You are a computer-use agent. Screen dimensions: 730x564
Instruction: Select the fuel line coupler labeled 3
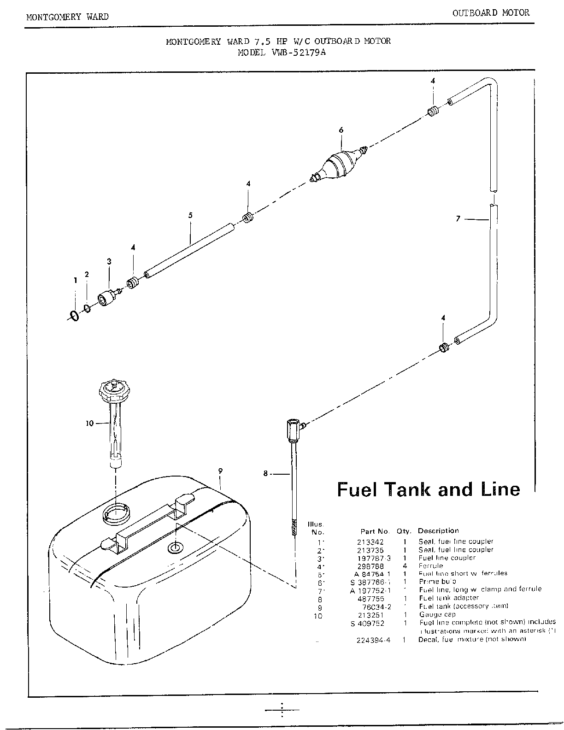107,296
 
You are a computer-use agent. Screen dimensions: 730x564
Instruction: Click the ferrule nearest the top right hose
433,112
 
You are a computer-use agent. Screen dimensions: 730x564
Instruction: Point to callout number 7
458,219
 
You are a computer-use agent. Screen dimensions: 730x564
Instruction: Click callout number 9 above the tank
220,471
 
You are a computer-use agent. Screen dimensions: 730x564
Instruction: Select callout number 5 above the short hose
190,215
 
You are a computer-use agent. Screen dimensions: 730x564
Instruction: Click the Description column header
438,531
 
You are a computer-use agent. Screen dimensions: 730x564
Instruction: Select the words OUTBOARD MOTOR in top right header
491,13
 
